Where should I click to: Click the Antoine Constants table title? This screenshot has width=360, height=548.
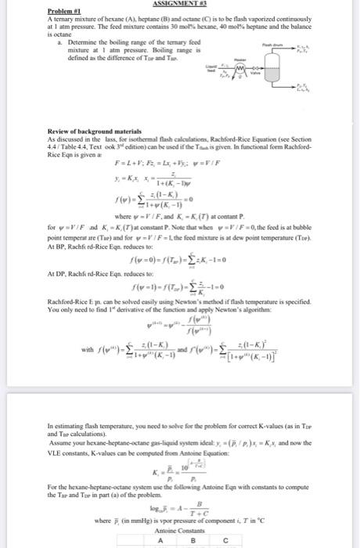pyautogui.click(x=181, y=528)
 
